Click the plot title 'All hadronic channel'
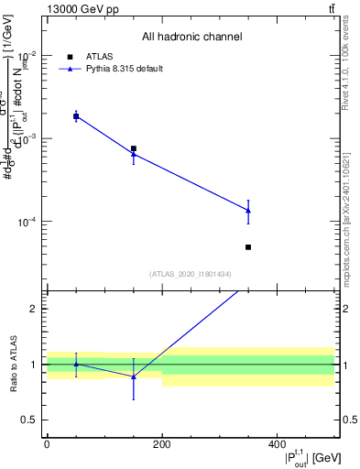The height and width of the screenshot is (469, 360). (191, 37)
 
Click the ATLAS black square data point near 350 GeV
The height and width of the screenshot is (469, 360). (248, 247)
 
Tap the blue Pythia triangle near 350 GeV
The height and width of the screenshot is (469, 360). (248, 211)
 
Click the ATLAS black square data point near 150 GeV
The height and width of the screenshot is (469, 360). (134, 148)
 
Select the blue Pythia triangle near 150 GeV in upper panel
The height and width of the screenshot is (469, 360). (134, 154)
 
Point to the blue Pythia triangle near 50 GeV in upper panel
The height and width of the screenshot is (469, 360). (76, 116)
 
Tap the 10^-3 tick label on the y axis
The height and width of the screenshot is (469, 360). (27, 138)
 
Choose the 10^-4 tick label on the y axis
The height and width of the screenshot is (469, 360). (27, 222)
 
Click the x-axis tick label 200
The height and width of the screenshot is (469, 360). (162, 445)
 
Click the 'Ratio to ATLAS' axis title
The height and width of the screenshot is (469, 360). (12, 364)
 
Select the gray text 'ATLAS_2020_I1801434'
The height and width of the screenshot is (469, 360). (191, 274)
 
